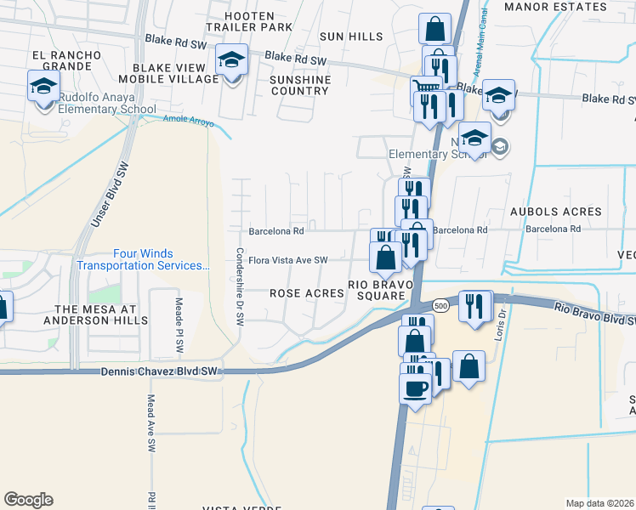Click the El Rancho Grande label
coord(66,62)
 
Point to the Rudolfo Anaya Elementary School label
coord(107,102)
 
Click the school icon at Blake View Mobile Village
coord(230,60)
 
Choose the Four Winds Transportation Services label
coord(144,259)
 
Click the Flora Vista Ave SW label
coord(288,260)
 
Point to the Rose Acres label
coord(306,292)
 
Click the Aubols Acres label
coord(556,212)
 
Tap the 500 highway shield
coord(440,304)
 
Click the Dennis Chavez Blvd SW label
coord(160,371)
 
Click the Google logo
coord(28,500)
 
